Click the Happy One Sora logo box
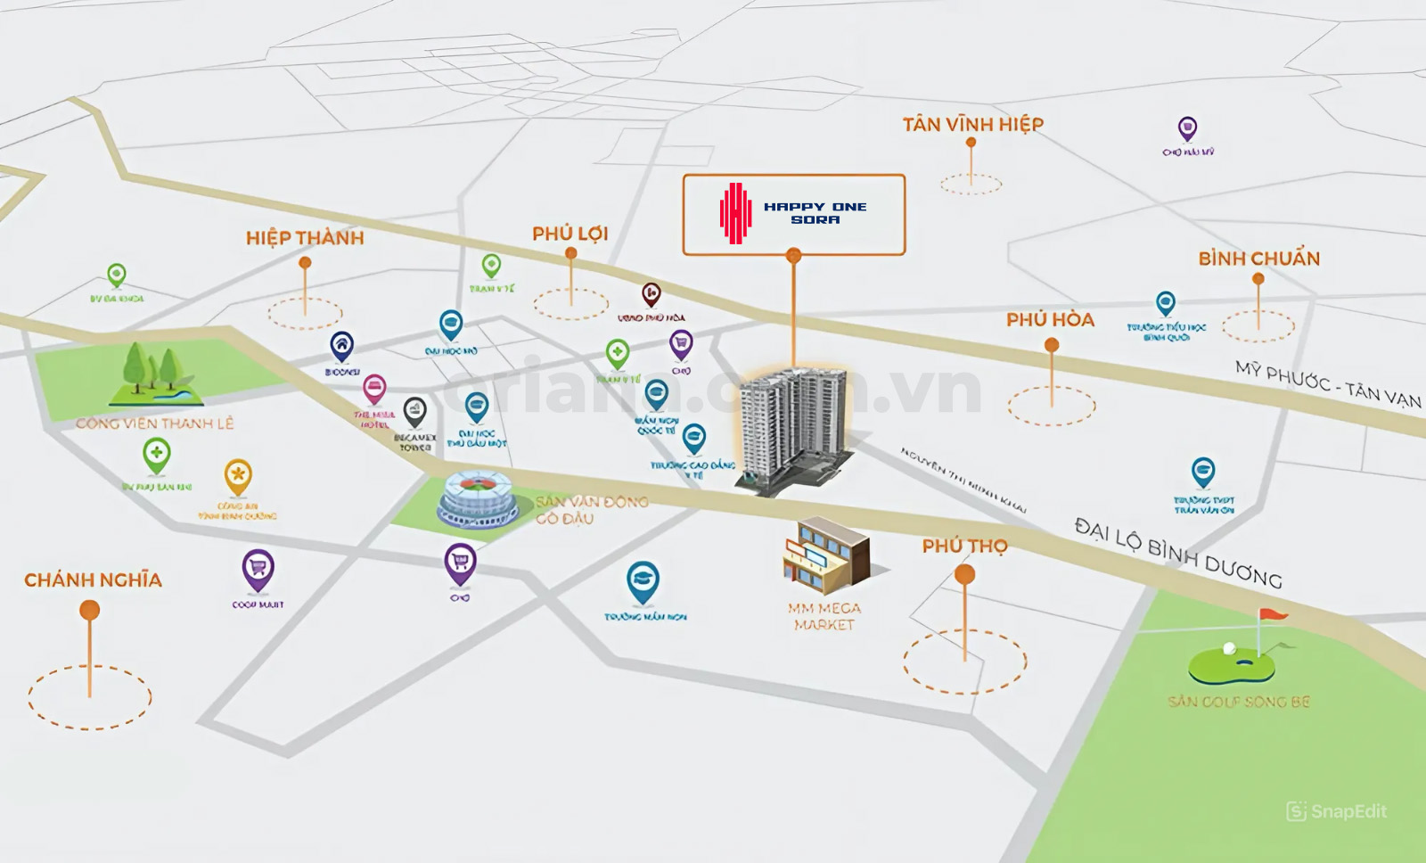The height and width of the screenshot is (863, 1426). (x=793, y=214)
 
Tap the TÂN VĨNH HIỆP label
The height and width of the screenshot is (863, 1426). (x=972, y=124)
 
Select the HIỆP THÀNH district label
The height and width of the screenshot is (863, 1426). (x=305, y=237)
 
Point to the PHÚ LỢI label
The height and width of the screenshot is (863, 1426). (x=570, y=234)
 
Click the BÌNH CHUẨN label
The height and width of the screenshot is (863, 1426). (x=1258, y=259)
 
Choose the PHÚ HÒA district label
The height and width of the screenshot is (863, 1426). (x=1050, y=319)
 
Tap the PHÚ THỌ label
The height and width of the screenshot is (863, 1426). (x=964, y=546)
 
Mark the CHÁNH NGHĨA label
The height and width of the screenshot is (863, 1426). (x=93, y=580)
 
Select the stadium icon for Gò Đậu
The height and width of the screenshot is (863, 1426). (x=476, y=500)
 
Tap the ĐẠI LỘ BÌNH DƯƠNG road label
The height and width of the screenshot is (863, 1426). (x=1177, y=552)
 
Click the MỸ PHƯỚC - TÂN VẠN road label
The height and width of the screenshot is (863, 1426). (x=1327, y=383)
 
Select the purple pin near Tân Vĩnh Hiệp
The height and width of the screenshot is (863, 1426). (x=1187, y=128)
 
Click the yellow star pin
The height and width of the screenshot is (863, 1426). (x=238, y=476)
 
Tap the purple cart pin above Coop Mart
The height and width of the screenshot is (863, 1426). (x=258, y=569)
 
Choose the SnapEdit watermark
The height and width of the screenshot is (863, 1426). (x=1336, y=811)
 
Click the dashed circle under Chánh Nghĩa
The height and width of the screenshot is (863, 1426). (x=89, y=697)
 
